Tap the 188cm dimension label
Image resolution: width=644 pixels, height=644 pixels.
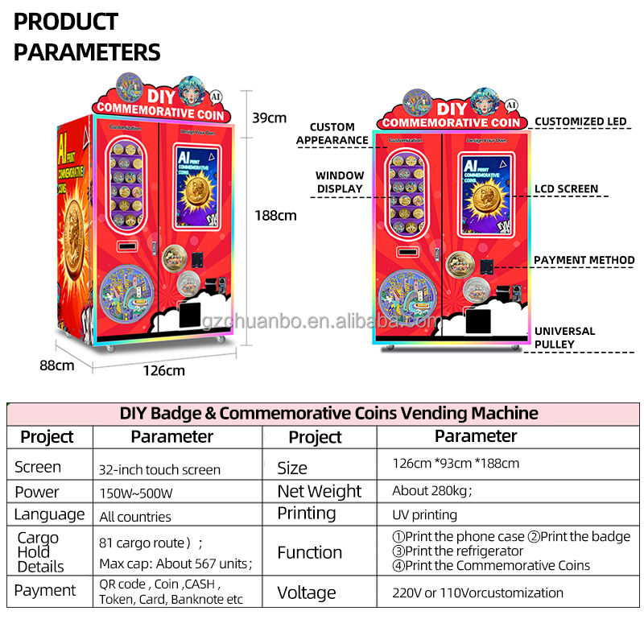pyautogui.click(x=275, y=215)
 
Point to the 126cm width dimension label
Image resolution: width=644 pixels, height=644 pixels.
pyautogui.click(x=163, y=370)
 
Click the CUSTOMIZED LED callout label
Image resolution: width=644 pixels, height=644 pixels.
pyautogui.click(x=580, y=122)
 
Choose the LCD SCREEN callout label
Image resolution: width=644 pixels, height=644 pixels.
pyautogui.click(x=567, y=189)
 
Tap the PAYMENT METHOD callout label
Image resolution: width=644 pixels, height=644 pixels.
pyautogui.click(x=584, y=260)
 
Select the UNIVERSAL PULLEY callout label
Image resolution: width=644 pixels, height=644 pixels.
pyautogui.click(x=565, y=337)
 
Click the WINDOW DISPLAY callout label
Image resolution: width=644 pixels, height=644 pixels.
pyautogui.click(x=340, y=182)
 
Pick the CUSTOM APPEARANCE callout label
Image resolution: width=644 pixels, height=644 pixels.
pyautogui.click(x=332, y=134)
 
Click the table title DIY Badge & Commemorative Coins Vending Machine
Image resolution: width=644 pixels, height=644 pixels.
pyautogui.click(x=328, y=414)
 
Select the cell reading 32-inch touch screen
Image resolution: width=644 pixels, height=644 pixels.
pyautogui.click(x=159, y=469)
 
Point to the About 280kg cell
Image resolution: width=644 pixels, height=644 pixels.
pyautogui.click(x=431, y=491)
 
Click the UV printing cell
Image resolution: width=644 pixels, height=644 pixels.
pyautogui.click(x=424, y=514)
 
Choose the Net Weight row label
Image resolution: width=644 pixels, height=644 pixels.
pyautogui.click(x=320, y=491)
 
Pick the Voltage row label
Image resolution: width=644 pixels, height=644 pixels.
pyautogui.click(x=307, y=592)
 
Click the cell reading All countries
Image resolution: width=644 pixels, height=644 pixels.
pyautogui.click(x=135, y=517)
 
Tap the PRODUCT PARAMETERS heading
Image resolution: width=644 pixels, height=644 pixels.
pyautogui.click(x=87, y=37)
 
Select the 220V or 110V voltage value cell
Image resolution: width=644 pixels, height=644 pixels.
pyautogui.click(x=477, y=592)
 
